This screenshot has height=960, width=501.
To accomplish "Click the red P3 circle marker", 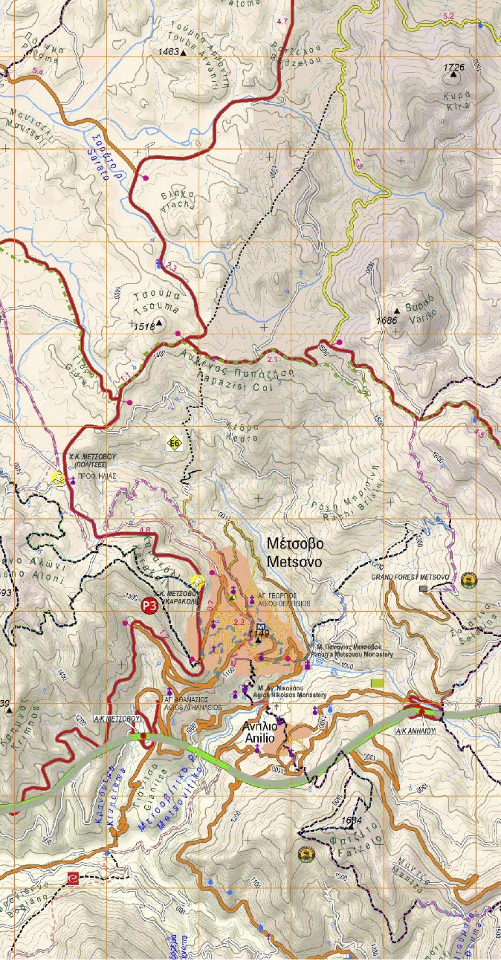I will pos(150,606).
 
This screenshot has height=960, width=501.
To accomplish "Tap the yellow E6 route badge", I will pos(175,443).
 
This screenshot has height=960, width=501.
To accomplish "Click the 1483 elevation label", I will pos(168,52).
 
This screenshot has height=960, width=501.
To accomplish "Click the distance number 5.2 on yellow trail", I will pos(449,16).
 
